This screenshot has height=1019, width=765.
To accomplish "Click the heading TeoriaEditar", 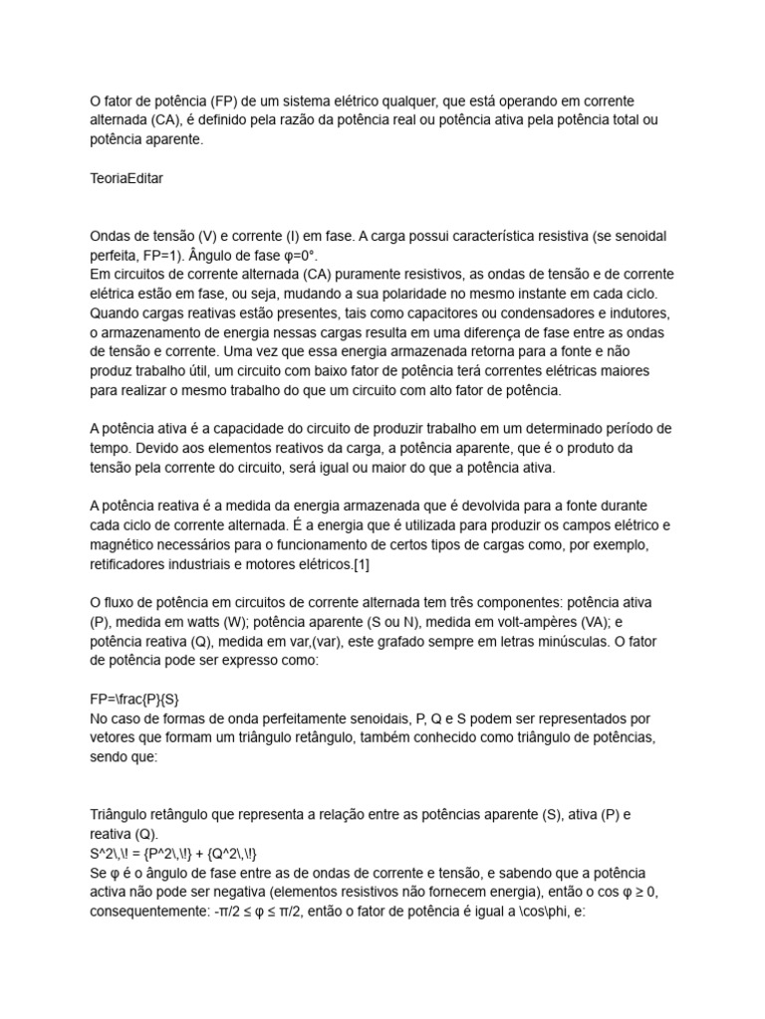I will click(x=127, y=180).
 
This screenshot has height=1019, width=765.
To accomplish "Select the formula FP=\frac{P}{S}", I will click(x=136, y=699).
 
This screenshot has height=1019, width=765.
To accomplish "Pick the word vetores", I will click(x=115, y=737).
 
